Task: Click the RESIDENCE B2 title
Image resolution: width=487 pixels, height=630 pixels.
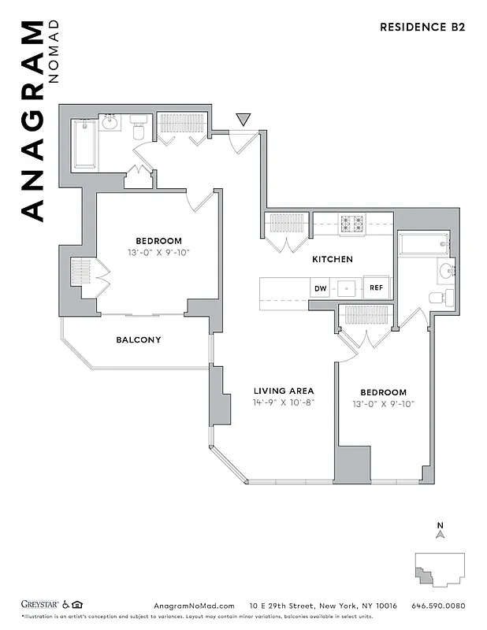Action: [422, 27]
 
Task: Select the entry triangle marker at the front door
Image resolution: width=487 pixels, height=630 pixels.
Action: [243, 120]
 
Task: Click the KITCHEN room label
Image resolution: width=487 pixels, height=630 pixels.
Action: [332, 259]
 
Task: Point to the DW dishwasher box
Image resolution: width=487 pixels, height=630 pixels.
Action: [321, 288]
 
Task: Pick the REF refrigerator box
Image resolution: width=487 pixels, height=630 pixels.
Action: [377, 288]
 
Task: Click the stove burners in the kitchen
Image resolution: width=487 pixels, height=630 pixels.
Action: [351, 224]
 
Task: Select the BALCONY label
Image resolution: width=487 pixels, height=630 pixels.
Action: [139, 340]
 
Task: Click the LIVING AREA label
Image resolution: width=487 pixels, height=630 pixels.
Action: [284, 391]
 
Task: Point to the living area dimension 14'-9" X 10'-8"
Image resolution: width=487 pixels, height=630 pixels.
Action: [284, 403]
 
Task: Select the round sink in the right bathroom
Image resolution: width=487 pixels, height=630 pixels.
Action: [445, 272]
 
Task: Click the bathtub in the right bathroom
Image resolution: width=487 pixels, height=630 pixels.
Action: [423, 243]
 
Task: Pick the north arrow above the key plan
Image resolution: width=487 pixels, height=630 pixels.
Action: [441, 532]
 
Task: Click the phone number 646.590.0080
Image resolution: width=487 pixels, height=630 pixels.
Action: [439, 606]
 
